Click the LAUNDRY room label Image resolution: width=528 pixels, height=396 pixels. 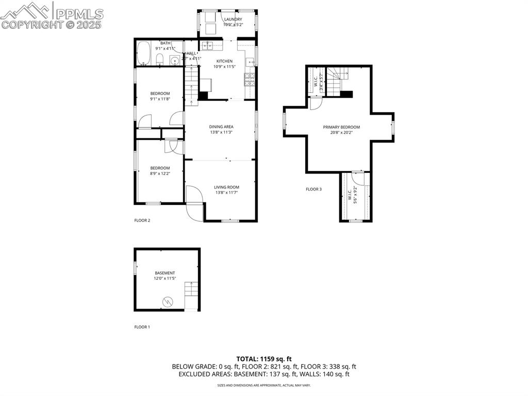233,20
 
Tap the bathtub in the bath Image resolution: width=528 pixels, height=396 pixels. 143,54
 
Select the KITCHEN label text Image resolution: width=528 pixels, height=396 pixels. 224,61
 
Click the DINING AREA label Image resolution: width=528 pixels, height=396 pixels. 221,127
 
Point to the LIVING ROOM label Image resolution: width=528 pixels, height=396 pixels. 227,187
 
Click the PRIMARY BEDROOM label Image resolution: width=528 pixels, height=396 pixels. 341,127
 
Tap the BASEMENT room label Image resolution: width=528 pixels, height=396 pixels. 165,273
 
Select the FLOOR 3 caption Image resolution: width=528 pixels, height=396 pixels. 313,189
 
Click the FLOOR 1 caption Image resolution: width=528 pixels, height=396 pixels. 142,327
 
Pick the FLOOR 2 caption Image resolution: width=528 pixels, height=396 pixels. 142,220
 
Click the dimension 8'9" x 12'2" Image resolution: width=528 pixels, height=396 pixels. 160,173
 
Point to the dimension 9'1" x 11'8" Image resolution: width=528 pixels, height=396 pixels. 160,99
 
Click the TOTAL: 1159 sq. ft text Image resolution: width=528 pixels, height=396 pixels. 264,359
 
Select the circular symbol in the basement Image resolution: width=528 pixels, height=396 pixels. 168,301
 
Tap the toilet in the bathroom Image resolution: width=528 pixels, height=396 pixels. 160,59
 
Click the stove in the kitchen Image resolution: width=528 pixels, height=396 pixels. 250,78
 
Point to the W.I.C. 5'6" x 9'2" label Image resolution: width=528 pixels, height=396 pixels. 353,196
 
